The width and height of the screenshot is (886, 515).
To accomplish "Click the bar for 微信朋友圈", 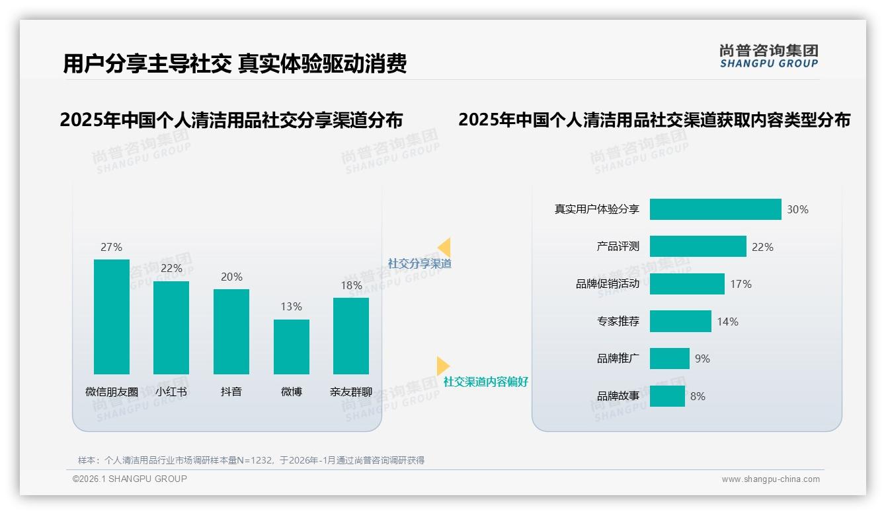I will pos(112,317).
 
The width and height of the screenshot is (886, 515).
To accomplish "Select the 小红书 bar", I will pos(171,327).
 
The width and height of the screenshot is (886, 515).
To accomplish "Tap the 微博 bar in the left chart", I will pos(292,347).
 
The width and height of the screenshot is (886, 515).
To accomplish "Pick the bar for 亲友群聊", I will pos(351,336).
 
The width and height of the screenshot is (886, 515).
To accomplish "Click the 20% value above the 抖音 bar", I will pos(231,277).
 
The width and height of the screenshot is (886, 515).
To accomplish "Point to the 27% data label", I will pos(111,248).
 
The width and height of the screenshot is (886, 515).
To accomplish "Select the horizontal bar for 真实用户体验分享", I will pos(715,209).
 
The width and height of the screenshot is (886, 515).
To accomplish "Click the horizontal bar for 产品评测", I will pos(698,246).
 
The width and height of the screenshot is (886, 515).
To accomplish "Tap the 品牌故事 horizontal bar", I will pos(667,396).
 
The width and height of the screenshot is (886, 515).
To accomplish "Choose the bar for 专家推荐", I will pos(680,322).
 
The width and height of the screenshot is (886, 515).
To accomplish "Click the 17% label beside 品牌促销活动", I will pos(741,284).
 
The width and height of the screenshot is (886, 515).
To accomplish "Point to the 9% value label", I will pos(702,359).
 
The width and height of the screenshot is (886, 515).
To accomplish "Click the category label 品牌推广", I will pos(618,359).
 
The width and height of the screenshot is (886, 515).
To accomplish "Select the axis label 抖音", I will pos(231,392).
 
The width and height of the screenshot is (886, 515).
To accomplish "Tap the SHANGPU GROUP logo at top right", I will pos(768,56).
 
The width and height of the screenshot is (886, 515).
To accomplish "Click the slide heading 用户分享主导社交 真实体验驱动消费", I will pos(235,63).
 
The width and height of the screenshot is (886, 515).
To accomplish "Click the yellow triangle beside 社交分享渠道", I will pos(444,248).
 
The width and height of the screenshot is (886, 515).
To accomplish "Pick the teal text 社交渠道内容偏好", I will pos(486,382).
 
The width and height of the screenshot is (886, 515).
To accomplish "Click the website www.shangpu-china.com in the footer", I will pos(770,479).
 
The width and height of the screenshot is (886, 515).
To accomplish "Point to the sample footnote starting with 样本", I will pos(251,460).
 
